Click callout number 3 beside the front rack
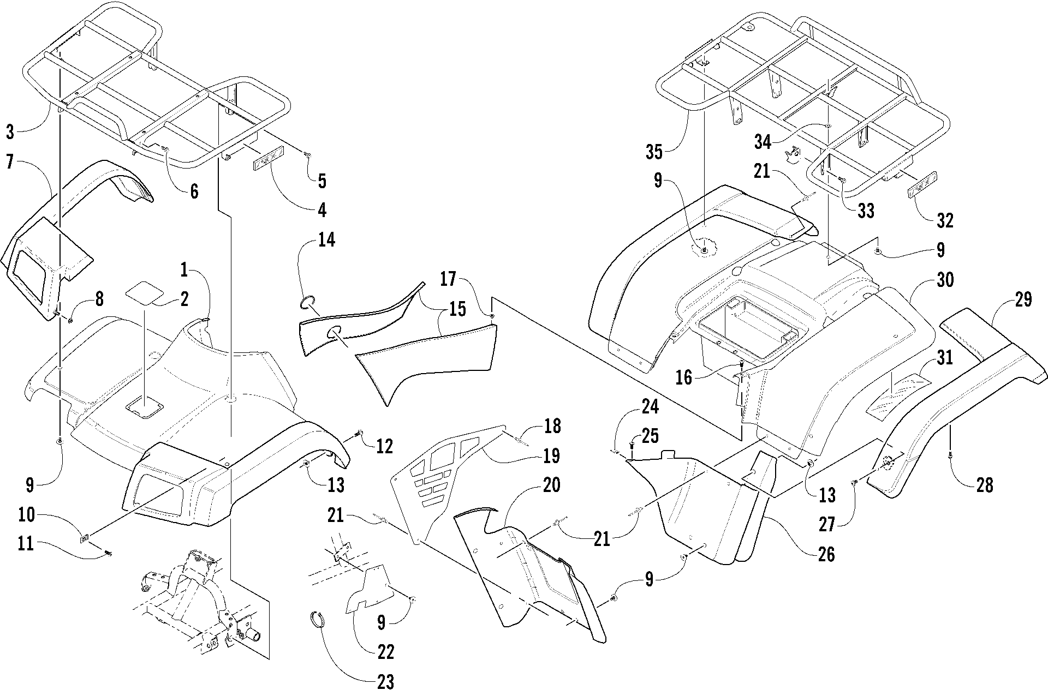(x=11, y=131)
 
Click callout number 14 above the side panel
(x=326, y=239)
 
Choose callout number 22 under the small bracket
(x=385, y=651)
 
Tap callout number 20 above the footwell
(x=551, y=484)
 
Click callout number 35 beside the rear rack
(x=653, y=152)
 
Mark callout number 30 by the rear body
(x=944, y=280)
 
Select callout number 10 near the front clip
(x=26, y=515)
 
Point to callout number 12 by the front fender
(x=384, y=446)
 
